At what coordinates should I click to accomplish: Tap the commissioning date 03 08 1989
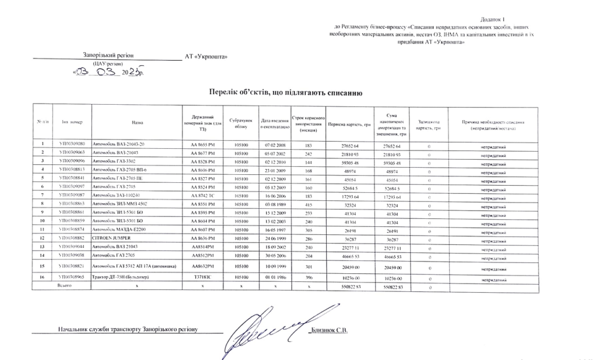tap(274, 204)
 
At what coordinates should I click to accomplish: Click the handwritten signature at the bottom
tap(267, 330)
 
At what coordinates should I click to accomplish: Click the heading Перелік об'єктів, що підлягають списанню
tap(285, 92)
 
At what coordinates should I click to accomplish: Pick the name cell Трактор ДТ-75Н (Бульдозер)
tap(122, 278)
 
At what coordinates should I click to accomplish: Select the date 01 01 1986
tap(274, 278)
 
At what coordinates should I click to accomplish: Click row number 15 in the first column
tap(42, 266)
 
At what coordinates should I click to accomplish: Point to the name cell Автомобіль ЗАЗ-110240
tap(116, 196)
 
